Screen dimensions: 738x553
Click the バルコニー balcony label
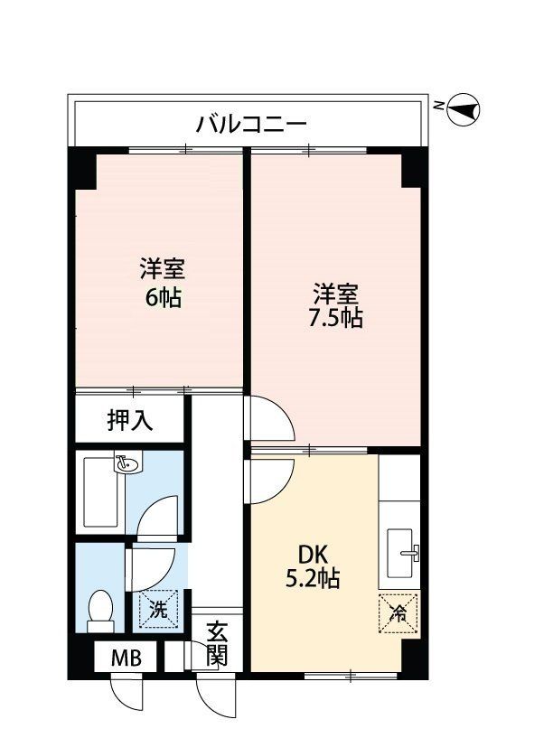tap(252, 124)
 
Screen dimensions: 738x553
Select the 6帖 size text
tap(164, 296)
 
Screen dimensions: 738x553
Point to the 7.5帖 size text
tap(337, 318)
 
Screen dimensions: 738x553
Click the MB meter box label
tap(127, 657)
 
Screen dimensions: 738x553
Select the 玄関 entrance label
tap(216, 643)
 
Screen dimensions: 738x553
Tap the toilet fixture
tap(100, 610)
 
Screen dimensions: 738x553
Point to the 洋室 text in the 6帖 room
tap(163, 269)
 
